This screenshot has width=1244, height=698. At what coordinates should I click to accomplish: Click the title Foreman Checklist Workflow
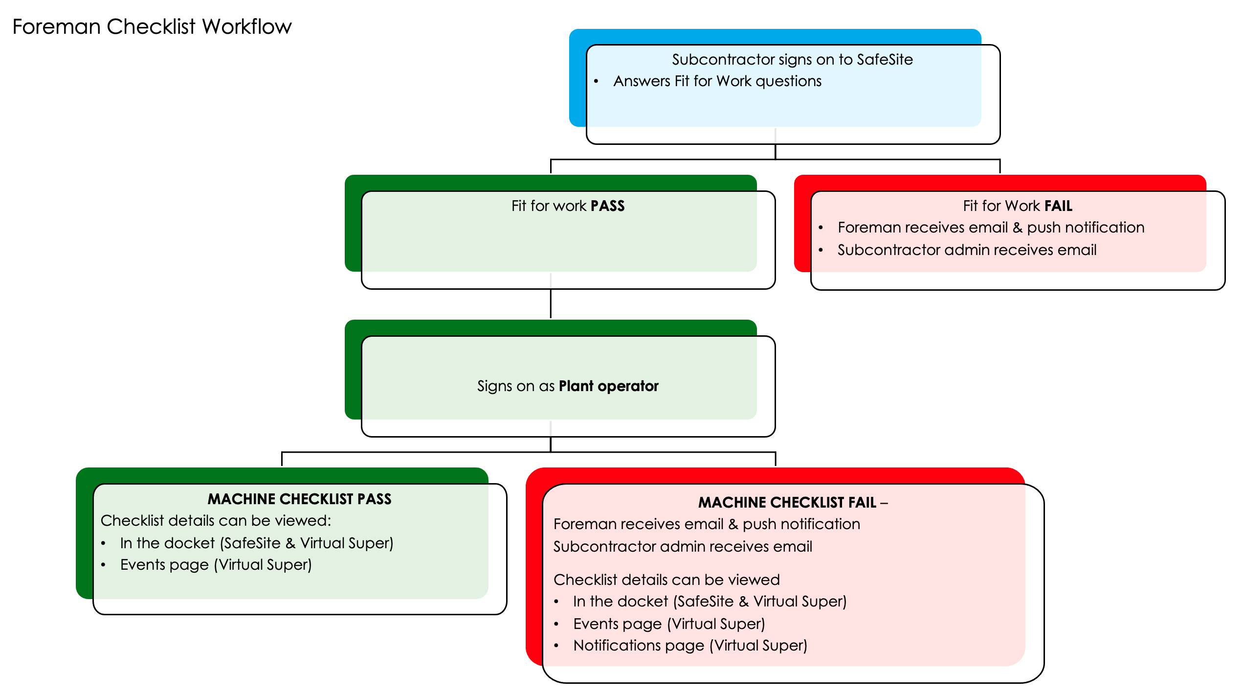tap(152, 26)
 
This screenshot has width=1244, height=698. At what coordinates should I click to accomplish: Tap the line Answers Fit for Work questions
tap(717, 81)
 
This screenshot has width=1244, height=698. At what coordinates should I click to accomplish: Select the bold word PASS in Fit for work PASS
tap(607, 206)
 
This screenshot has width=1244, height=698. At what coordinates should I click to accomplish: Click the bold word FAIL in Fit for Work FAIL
tap(1058, 206)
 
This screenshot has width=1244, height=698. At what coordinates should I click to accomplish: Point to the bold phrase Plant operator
tap(608, 386)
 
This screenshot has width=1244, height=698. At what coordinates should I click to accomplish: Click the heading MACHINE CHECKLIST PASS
tap(299, 499)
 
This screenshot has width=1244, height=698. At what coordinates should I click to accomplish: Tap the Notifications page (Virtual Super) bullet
tap(689, 645)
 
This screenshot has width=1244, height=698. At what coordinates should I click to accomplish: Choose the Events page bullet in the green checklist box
tap(216, 564)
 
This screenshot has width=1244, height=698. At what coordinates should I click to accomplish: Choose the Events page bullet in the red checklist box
tap(668, 624)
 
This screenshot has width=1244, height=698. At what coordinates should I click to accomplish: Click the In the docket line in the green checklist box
tap(256, 543)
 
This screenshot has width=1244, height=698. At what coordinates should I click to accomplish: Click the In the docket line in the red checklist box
tap(709, 601)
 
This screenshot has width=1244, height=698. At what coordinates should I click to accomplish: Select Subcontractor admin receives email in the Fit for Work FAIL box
tap(966, 250)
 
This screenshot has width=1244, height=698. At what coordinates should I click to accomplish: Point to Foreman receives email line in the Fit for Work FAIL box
tap(990, 227)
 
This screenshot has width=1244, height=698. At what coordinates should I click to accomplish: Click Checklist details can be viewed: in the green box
tap(216, 520)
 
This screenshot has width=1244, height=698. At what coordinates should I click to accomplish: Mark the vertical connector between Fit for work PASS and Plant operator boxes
tap(551, 303)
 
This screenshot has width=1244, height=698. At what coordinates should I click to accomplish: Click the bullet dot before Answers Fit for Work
tap(596, 81)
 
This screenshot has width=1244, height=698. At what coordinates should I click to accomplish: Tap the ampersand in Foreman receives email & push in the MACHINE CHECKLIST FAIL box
tap(733, 524)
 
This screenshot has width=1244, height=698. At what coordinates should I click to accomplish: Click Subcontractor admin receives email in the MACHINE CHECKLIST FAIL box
tap(682, 546)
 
